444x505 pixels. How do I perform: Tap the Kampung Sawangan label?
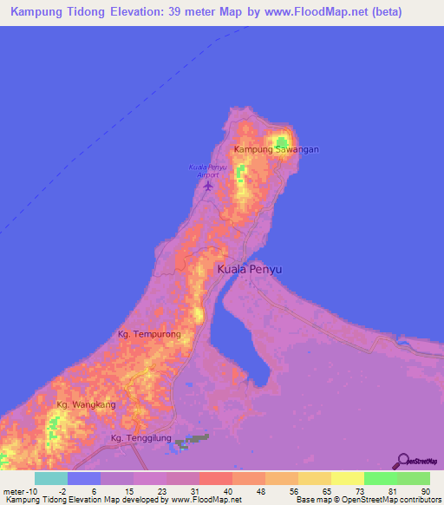[x=277, y=149]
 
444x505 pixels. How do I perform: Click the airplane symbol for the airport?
[x=207, y=184]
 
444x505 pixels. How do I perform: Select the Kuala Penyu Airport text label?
[x=207, y=170]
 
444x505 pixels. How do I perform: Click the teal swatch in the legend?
[x=51, y=478]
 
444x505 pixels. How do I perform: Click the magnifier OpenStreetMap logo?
[x=401, y=462]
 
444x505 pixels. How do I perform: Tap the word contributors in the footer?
[x=418, y=500]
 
